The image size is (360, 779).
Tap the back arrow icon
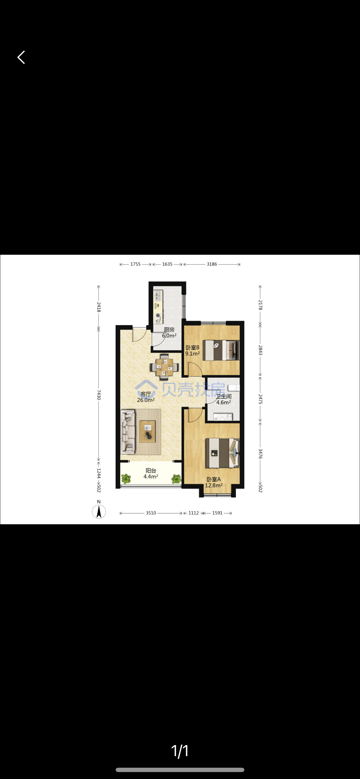click(x=21, y=57)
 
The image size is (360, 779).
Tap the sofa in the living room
click(x=128, y=432)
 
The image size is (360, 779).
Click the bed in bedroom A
click(x=222, y=453)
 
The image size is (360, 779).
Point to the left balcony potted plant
click(x=126, y=478)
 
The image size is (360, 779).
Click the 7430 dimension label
click(x=99, y=395)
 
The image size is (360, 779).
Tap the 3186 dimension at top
click(x=212, y=264)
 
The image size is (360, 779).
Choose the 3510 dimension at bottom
click(x=151, y=513)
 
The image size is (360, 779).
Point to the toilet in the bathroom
click(x=234, y=388)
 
